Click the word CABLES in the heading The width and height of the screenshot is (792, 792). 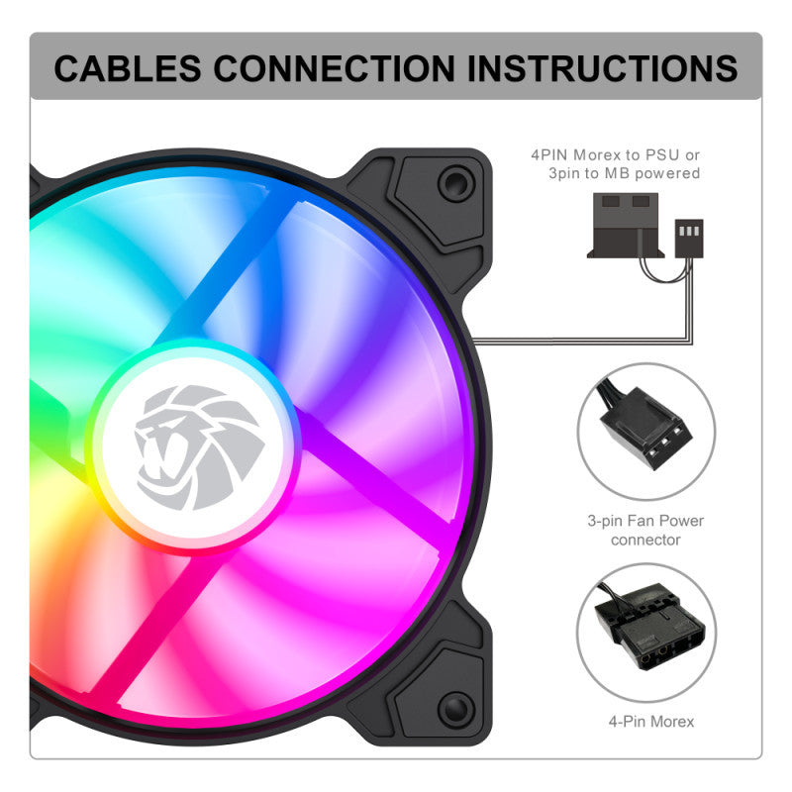point(128,68)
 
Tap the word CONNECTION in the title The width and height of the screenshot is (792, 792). point(335,68)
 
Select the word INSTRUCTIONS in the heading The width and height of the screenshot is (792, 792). point(603,68)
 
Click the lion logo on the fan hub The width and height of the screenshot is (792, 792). point(199,447)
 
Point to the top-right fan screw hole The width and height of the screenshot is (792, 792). point(455,182)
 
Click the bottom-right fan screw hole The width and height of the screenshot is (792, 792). point(455,709)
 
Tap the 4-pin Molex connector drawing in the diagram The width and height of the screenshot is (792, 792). point(626,226)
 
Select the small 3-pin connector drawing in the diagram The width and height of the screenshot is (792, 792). point(689,239)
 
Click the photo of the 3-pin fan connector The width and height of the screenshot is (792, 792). point(646,432)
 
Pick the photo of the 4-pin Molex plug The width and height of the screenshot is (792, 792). point(646,633)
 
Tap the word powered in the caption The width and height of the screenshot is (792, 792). point(667,174)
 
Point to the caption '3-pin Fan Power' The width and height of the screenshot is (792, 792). point(645,521)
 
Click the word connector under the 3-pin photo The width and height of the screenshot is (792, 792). point(645,540)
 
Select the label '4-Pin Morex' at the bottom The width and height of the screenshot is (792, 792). point(651,722)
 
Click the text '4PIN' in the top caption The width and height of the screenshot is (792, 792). point(549,155)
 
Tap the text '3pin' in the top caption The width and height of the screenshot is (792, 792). point(564,174)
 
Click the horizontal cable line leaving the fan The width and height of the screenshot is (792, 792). point(581,342)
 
